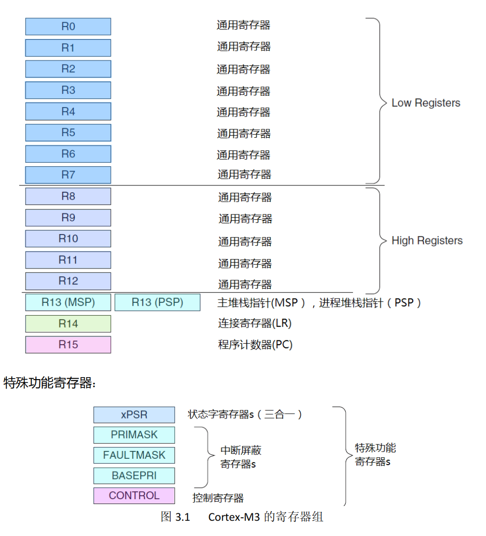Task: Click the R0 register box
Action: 68,27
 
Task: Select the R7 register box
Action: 68,175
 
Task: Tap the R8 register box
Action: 68,196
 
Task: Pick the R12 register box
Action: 68,281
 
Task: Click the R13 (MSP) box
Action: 68,302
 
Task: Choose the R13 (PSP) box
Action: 157,302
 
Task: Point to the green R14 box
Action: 68,324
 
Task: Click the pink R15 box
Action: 68,345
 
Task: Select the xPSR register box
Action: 134,415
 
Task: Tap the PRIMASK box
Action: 134,435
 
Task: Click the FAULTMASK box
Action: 134,455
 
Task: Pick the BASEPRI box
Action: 134,476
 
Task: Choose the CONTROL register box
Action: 134,496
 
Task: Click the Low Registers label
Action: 426,103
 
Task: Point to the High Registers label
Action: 427,240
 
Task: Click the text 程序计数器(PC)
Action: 255,345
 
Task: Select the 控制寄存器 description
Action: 218,498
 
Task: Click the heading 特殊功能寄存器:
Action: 50,383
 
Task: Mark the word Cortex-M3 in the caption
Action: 233,517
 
